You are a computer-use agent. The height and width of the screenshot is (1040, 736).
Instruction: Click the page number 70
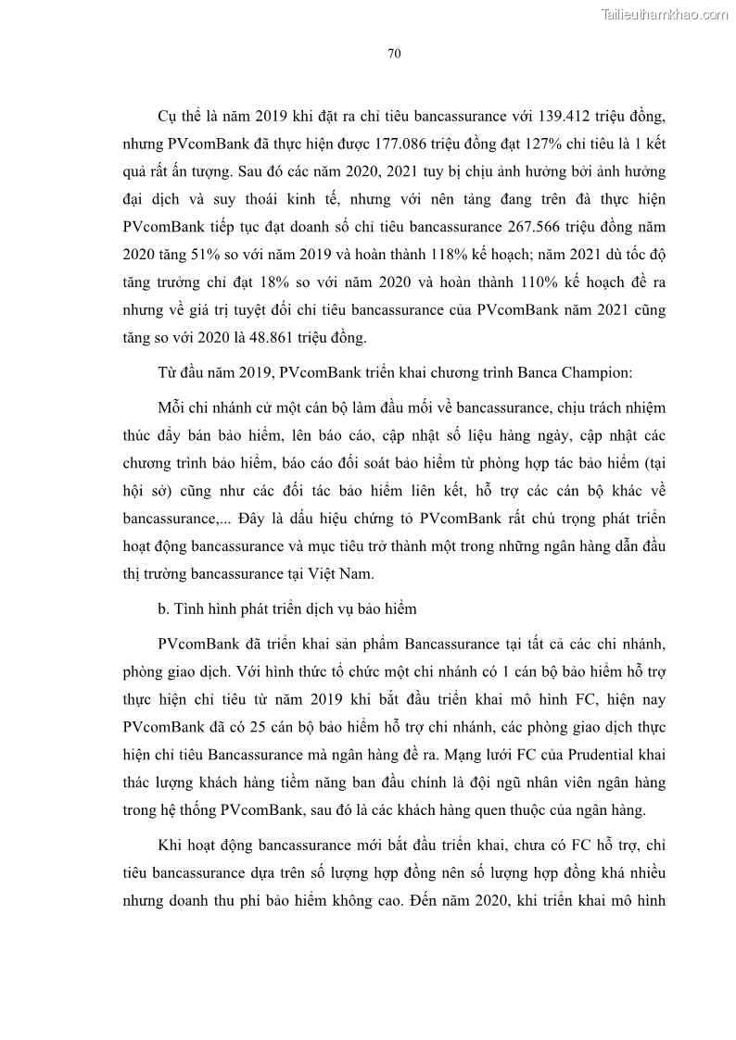(393, 54)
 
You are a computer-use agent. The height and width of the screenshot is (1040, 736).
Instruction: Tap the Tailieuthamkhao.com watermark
(664, 13)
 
